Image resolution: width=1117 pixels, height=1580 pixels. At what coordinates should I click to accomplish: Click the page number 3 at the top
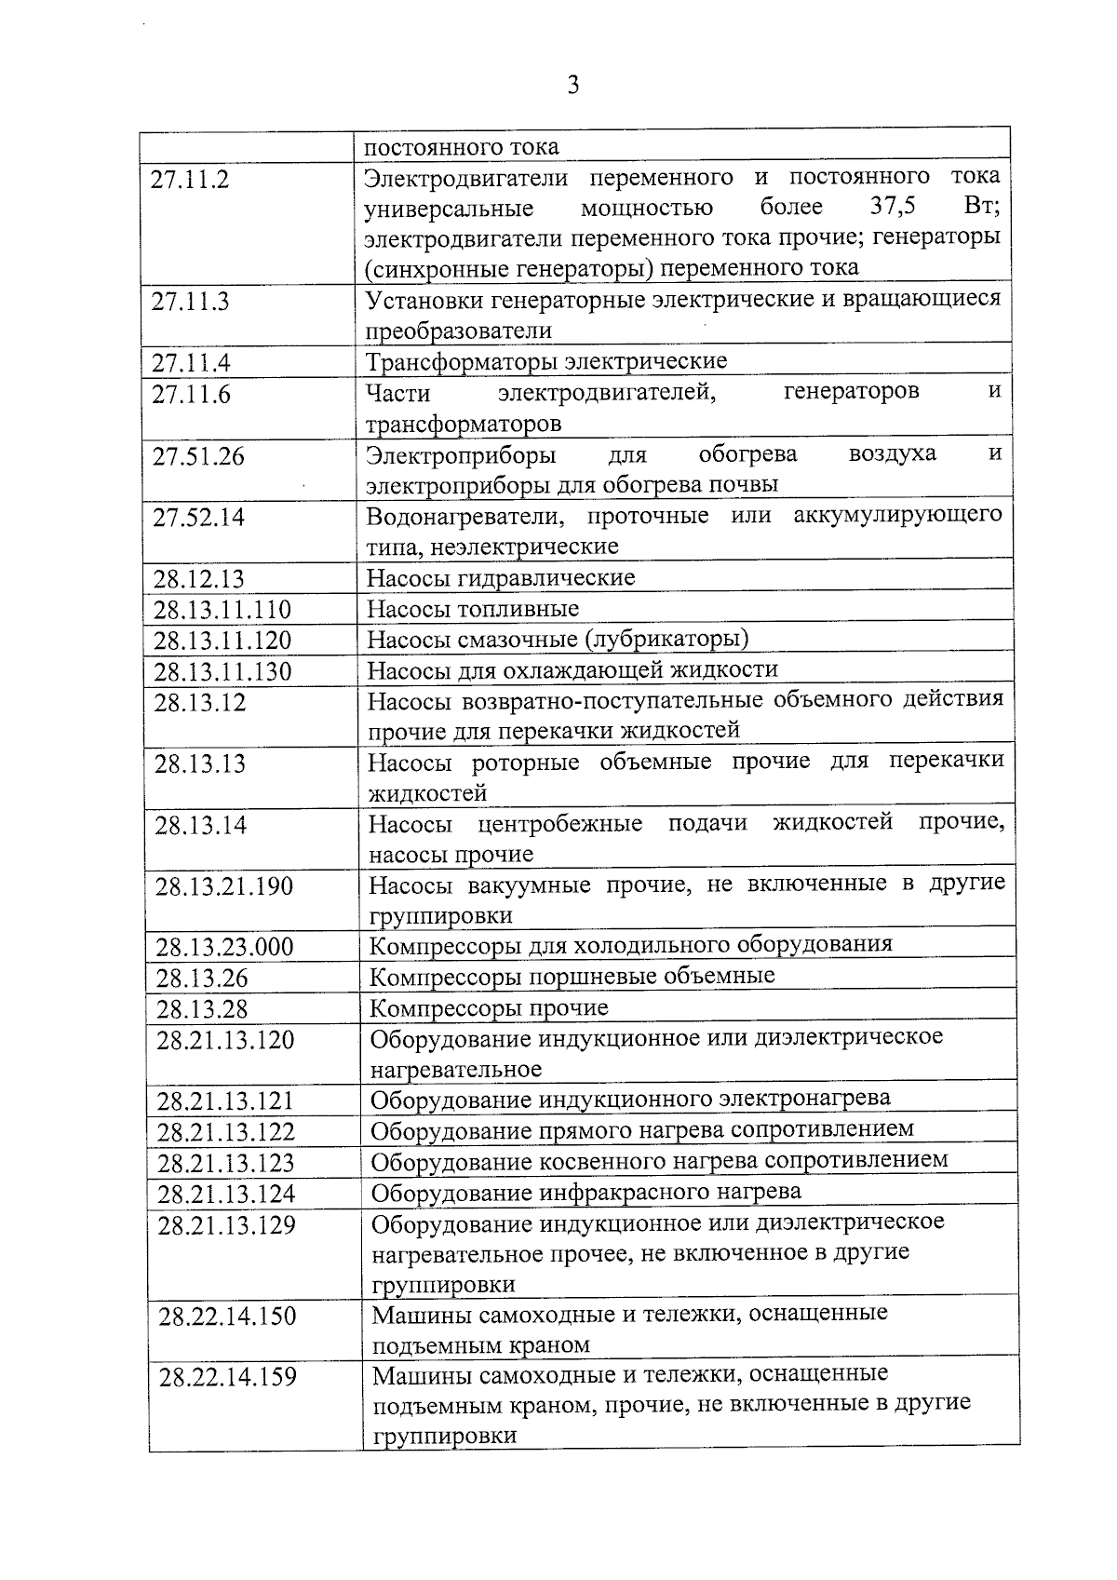(572, 87)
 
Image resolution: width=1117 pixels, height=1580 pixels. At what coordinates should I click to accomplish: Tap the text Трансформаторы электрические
(546, 361)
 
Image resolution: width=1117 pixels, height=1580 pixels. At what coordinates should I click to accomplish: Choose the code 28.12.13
(198, 579)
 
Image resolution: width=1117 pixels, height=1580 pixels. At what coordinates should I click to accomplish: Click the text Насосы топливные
(473, 609)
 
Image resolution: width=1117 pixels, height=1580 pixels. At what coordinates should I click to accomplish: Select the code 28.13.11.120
(222, 641)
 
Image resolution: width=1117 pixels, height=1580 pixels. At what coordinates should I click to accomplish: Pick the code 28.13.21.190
(224, 886)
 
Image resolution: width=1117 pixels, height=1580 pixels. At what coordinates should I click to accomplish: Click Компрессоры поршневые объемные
(572, 977)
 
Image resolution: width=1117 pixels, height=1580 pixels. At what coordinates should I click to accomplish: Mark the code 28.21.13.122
(226, 1132)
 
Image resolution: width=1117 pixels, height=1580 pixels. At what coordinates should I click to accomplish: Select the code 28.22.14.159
(228, 1376)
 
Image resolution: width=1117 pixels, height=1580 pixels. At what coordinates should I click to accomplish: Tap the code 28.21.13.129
(227, 1225)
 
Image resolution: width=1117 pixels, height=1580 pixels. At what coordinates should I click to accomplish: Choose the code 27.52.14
(198, 518)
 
